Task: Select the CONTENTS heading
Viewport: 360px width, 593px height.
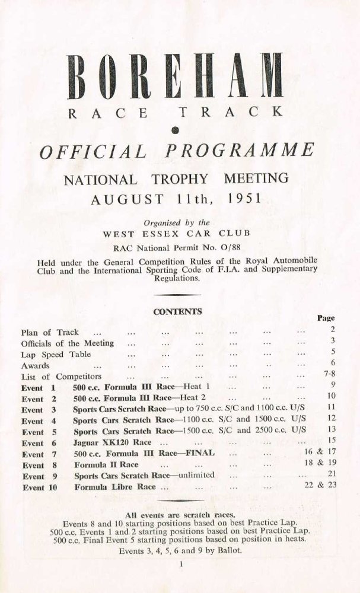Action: click(178, 311)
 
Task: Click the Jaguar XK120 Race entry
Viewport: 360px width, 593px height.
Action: click(112, 443)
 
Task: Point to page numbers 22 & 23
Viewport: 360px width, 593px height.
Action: click(320, 487)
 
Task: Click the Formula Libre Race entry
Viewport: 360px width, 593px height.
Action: click(116, 487)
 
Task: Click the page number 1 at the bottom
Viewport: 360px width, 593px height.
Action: click(178, 567)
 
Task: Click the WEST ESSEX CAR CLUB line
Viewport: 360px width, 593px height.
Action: click(180, 233)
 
